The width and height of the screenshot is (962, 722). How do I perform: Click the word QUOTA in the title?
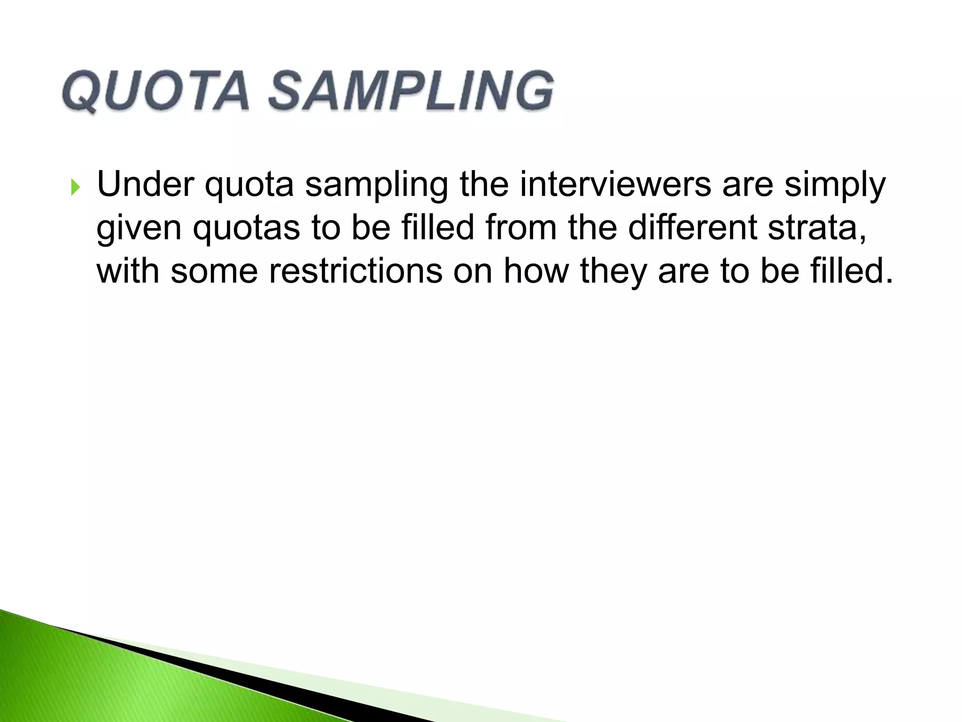pos(155,92)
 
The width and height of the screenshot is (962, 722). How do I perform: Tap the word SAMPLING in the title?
pos(411,92)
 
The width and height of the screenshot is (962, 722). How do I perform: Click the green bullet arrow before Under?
pos(76,188)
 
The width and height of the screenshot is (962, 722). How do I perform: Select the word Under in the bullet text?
pos(145,184)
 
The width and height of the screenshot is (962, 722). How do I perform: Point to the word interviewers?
pos(615,184)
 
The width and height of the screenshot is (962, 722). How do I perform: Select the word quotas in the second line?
pos(247,228)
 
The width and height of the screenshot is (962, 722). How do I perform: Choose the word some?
pos(214,272)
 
